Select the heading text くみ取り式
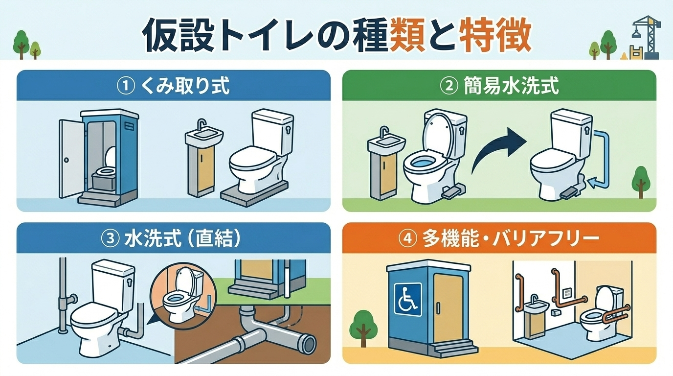coord(185,86)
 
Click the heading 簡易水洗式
coord(511,86)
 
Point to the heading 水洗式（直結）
coord(182,238)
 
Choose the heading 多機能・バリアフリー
coord(511,238)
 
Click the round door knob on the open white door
coord(67,160)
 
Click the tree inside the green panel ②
coord(641,182)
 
